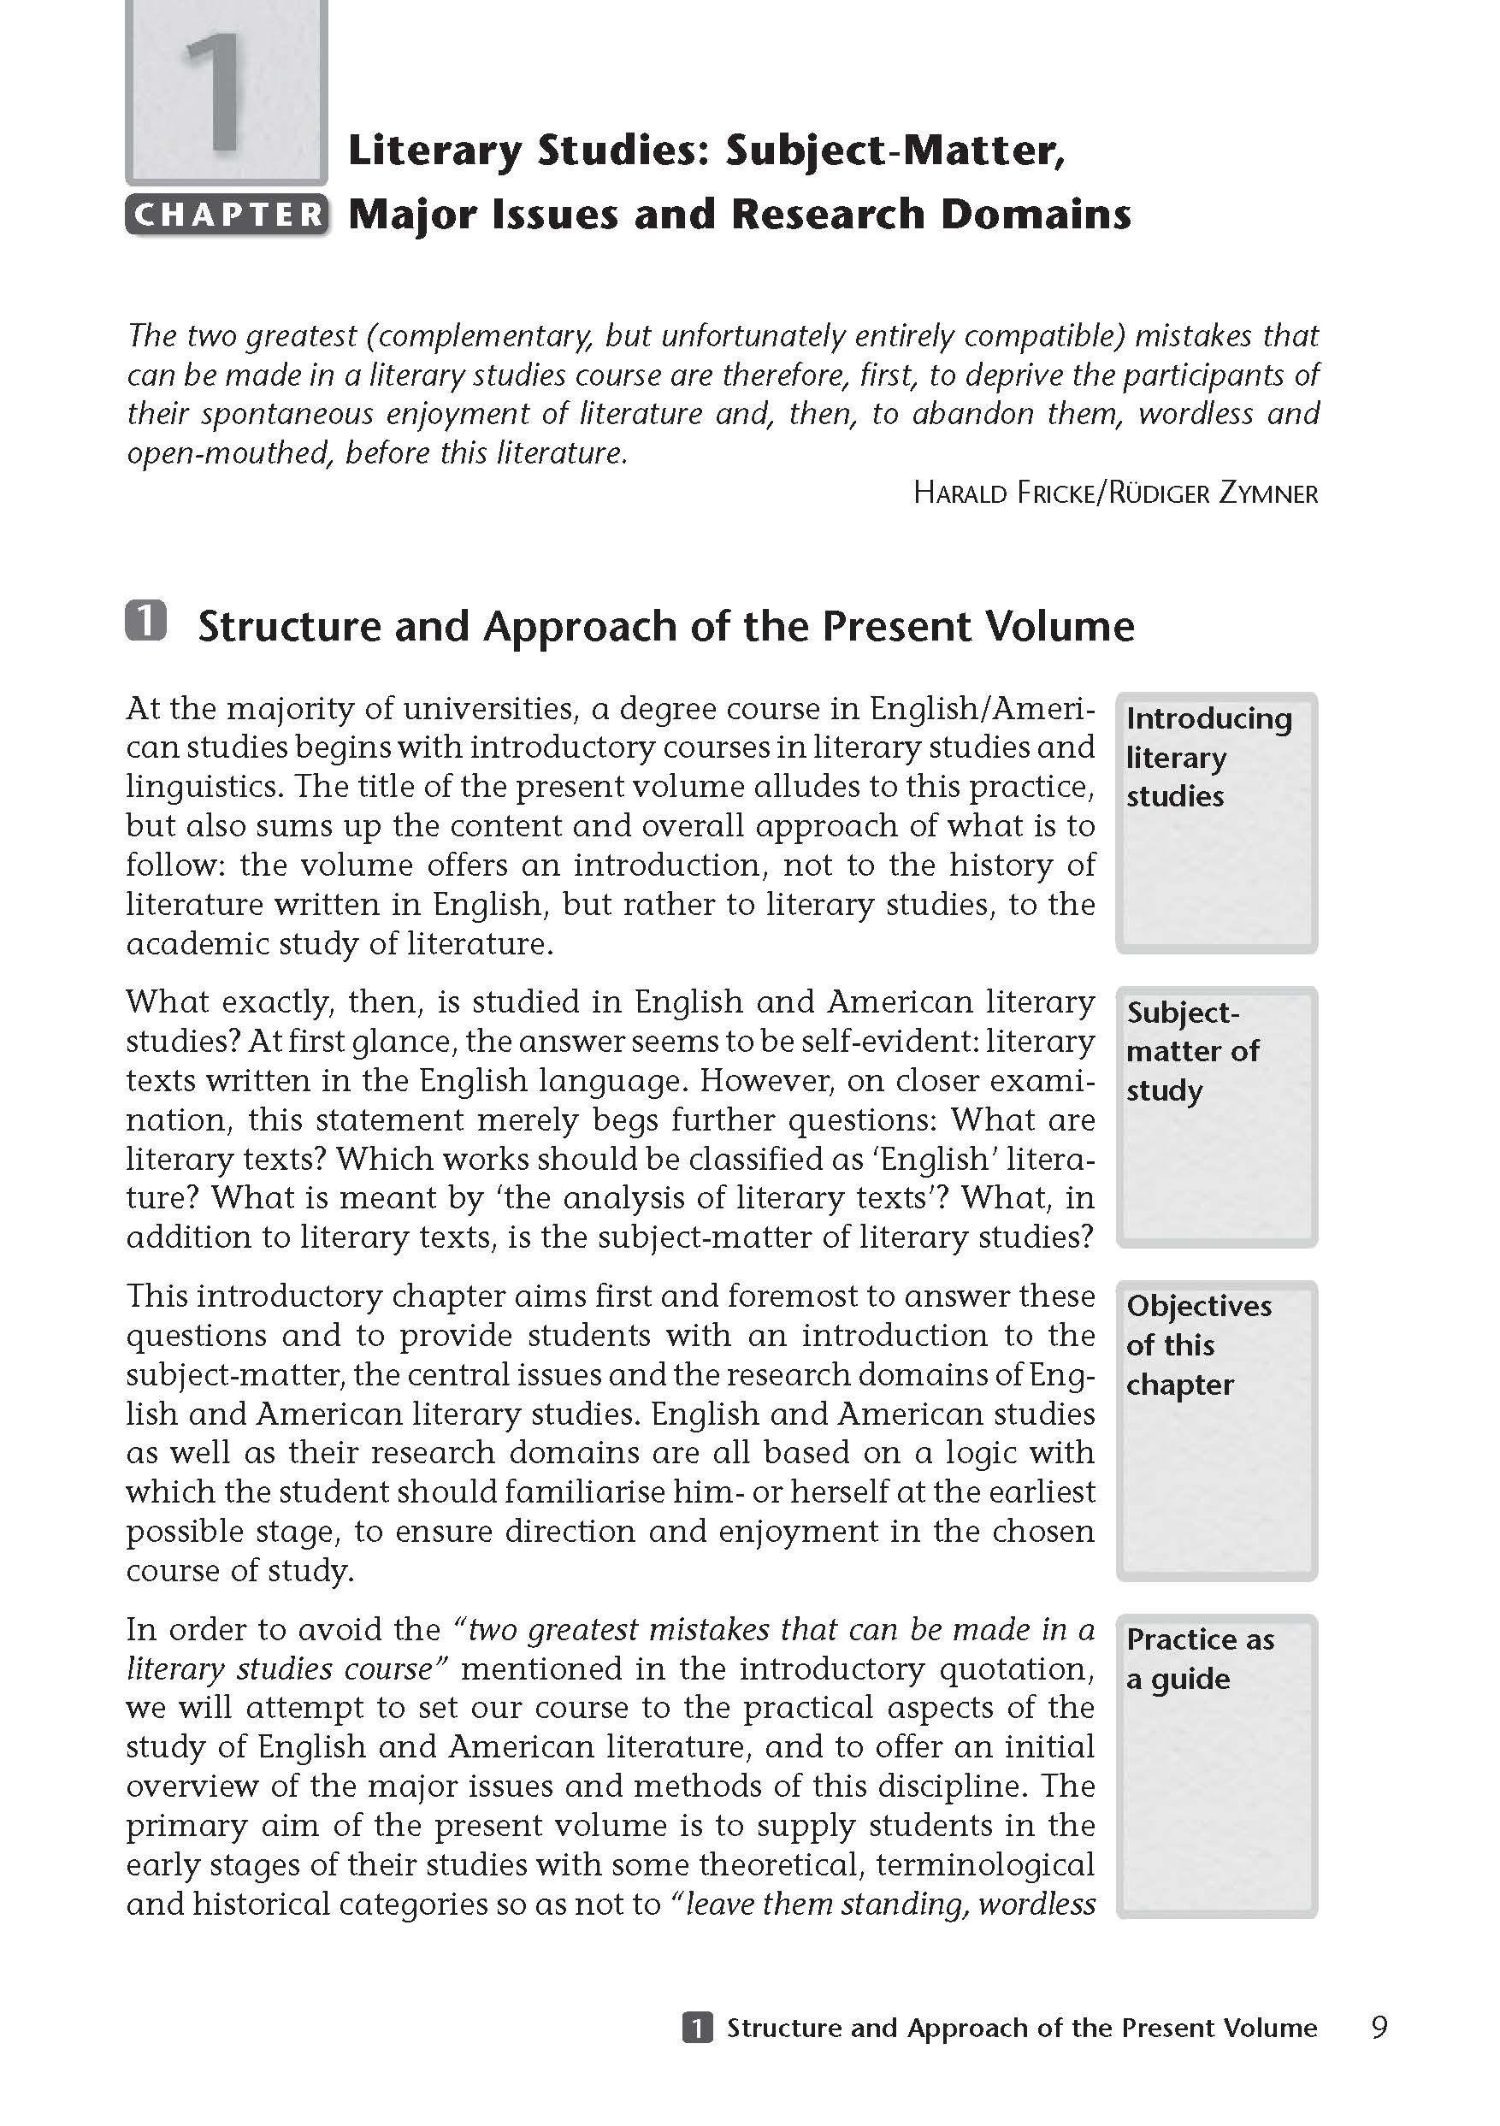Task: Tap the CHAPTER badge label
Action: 227,215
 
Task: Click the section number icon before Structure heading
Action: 146,622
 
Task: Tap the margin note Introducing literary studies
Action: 1208,758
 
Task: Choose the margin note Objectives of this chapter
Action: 1198,1344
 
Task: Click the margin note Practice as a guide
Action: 1199,1658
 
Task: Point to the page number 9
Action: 1379,2028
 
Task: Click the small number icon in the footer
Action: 697,2028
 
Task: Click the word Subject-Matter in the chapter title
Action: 895,151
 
